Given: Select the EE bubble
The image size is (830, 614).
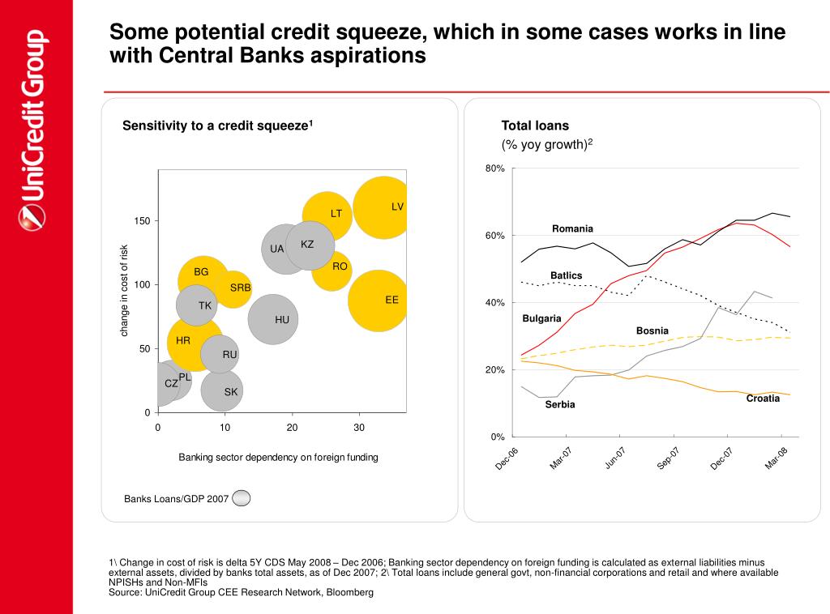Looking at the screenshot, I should click(x=378, y=301).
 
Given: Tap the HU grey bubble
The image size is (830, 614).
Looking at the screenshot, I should click(x=273, y=319).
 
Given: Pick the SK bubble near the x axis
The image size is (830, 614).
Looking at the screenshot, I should click(x=222, y=390).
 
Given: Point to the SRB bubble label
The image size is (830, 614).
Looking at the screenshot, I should click(x=240, y=288).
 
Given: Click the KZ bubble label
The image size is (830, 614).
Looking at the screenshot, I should click(x=307, y=245).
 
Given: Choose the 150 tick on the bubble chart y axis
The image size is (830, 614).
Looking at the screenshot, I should click(x=141, y=221).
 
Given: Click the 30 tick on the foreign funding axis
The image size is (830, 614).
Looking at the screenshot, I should click(x=359, y=428).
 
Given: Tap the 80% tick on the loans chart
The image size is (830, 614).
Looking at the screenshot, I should click(x=495, y=168).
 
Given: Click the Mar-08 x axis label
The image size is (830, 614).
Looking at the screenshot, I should click(x=777, y=458).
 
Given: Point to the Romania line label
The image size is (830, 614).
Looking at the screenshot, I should click(x=572, y=228).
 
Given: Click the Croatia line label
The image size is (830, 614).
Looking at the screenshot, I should click(x=763, y=398).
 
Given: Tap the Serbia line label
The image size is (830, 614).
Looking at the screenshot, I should click(x=560, y=404).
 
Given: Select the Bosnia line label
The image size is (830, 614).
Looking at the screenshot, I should click(x=652, y=330).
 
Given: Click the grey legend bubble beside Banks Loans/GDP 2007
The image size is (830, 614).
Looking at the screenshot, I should click(x=241, y=498).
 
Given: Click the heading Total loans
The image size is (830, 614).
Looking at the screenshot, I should click(x=535, y=126).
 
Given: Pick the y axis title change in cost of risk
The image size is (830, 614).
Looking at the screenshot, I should click(x=124, y=290).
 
